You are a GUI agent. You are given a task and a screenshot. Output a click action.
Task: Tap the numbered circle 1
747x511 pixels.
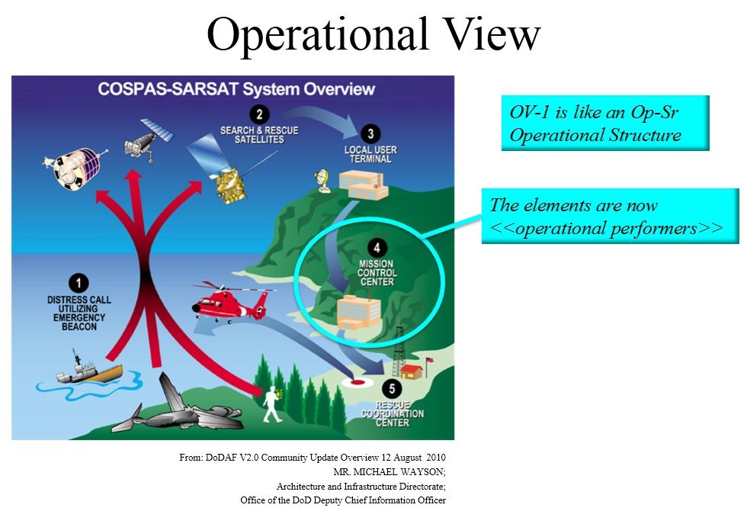tap(79, 283)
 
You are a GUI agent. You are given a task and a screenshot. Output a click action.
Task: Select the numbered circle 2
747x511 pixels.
tap(259, 114)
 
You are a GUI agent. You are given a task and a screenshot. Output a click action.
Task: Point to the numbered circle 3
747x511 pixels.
tap(370, 134)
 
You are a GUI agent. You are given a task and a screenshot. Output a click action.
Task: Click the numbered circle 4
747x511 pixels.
tap(377, 248)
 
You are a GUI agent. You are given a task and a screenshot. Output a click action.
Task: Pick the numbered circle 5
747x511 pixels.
tap(392, 389)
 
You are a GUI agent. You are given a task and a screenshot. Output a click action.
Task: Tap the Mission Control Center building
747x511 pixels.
tap(359, 312)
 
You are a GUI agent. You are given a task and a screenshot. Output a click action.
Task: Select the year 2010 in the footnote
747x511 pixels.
tap(436, 458)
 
